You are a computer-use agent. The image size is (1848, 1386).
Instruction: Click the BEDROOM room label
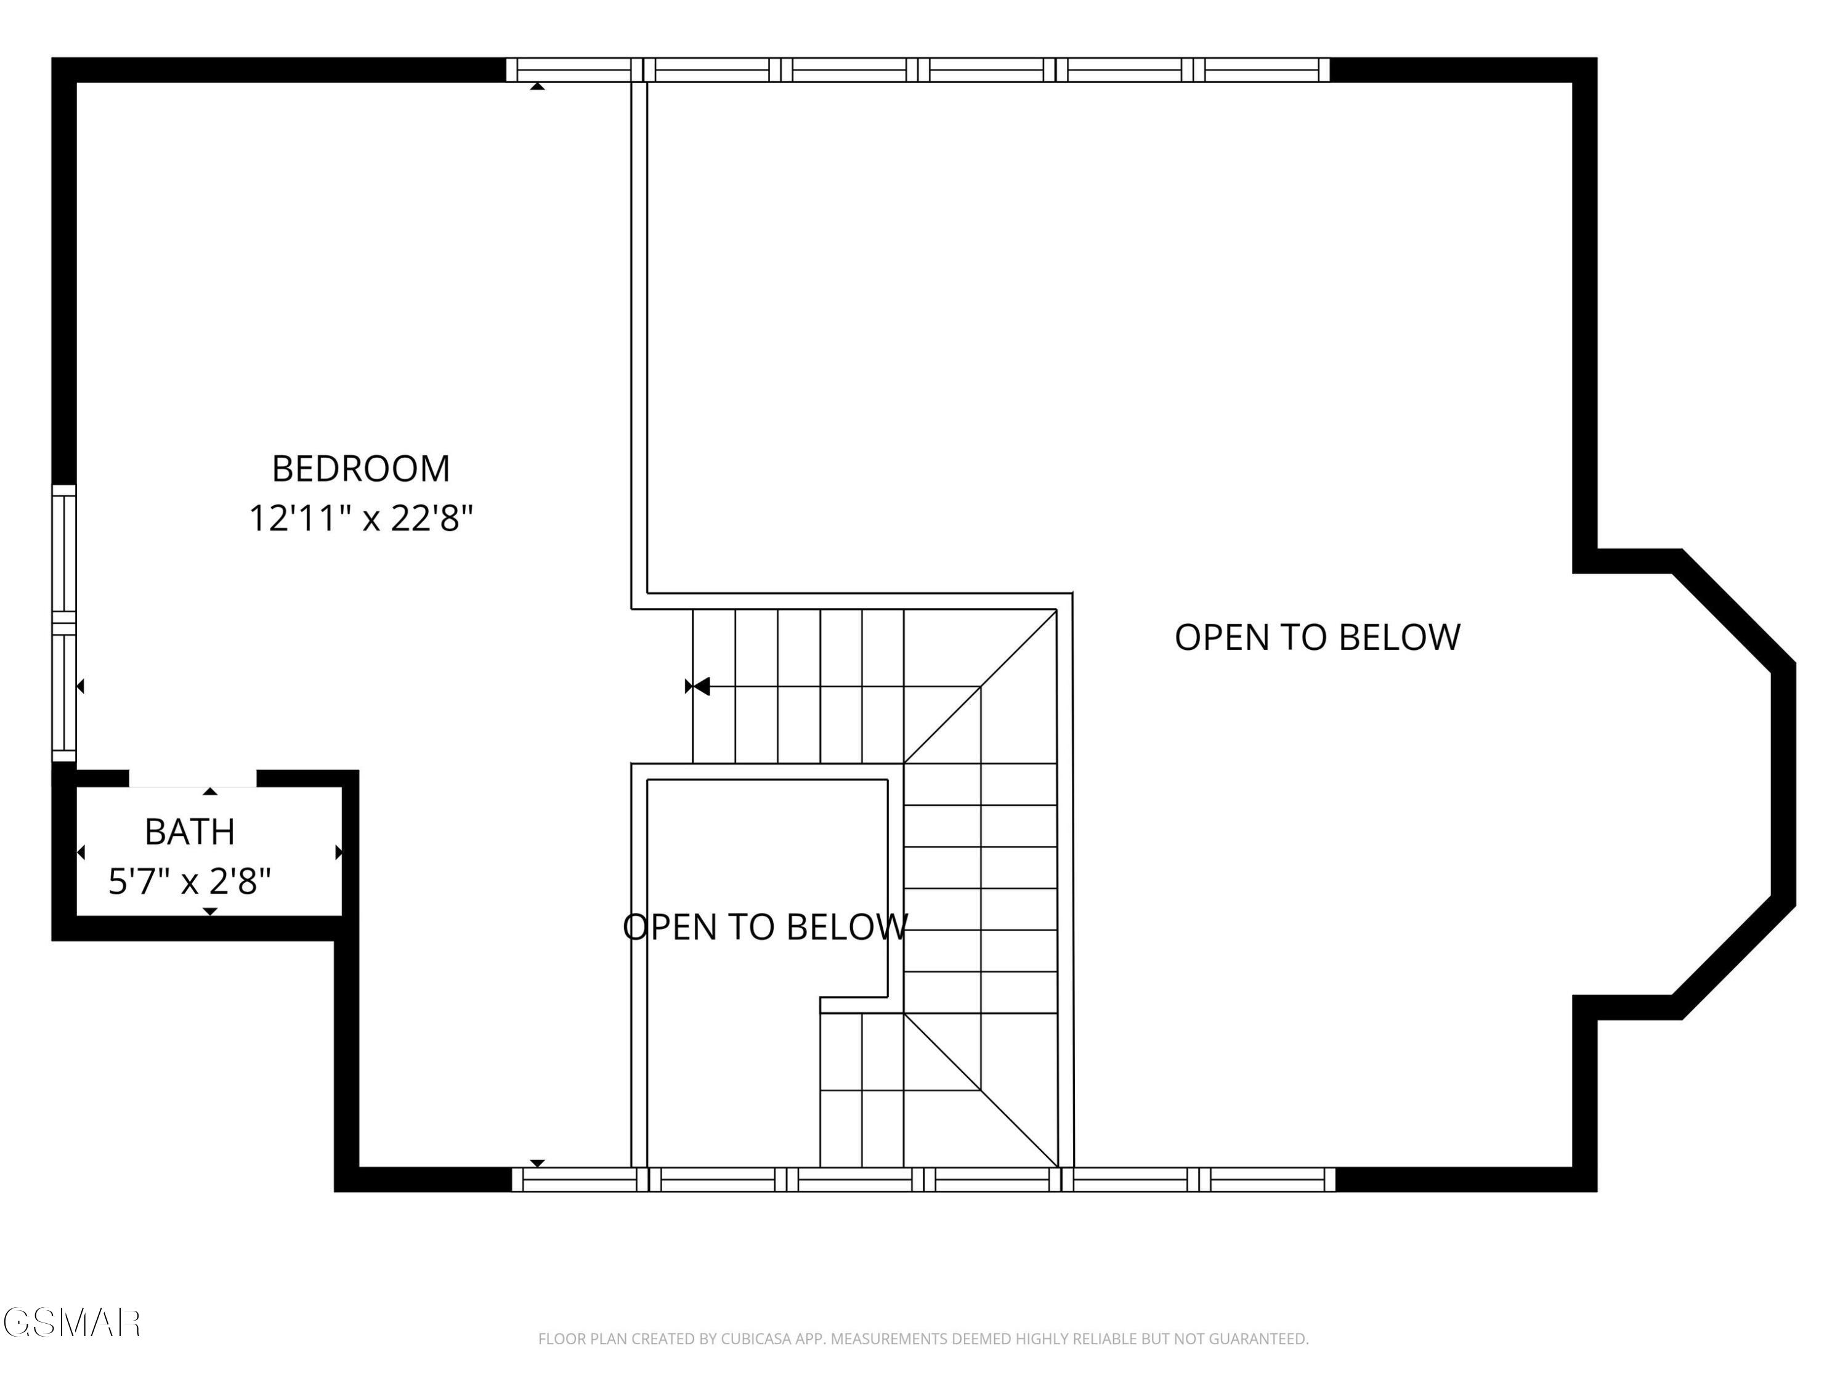click(361, 469)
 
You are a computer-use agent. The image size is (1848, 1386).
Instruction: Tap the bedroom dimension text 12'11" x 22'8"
click(361, 519)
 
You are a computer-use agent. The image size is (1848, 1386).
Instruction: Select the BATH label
click(190, 832)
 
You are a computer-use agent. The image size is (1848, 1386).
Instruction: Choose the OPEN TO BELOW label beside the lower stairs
click(765, 927)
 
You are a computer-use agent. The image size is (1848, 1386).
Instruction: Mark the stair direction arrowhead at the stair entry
click(700, 687)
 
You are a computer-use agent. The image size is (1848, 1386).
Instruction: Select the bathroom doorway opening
click(192, 779)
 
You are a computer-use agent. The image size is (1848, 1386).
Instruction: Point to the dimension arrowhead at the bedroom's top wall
click(537, 86)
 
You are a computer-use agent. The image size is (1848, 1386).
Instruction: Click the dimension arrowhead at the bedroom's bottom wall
click(537, 1163)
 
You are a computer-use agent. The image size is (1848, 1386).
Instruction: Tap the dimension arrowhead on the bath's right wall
click(338, 852)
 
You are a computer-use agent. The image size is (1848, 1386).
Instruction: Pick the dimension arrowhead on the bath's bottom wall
click(211, 912)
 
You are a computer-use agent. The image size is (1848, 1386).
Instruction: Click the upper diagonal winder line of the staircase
click(980, 687)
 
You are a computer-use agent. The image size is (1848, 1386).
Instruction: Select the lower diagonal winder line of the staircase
click(981, 1090)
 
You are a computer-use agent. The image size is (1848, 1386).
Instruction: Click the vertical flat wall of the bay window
click(1783, 786)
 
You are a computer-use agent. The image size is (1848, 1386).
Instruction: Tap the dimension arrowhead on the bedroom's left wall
click(80, 687)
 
